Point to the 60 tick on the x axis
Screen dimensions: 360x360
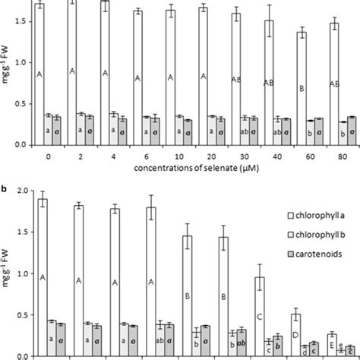pyautogui.click(x=302, y=155)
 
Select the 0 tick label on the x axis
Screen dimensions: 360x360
pyautogui.click(x=49, y=155)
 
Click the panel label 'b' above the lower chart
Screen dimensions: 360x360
pyautogui.click(x=5, y=182)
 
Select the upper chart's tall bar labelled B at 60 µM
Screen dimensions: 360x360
pyautogui.click(x=302, y=89)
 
